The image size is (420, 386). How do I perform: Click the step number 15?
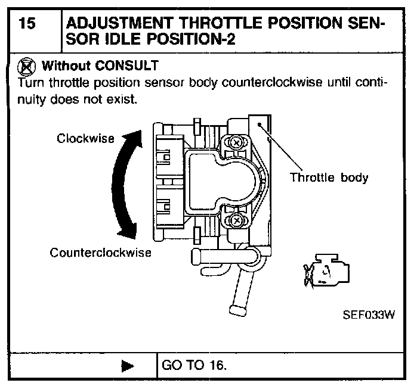(x=27, y=24)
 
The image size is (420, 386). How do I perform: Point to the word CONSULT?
(x=129, y=64)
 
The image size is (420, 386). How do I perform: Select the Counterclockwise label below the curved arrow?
(x=100, y=252)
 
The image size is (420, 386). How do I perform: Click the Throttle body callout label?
(x=329, y=177)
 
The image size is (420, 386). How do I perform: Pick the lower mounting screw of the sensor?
(x=237, y=222)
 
